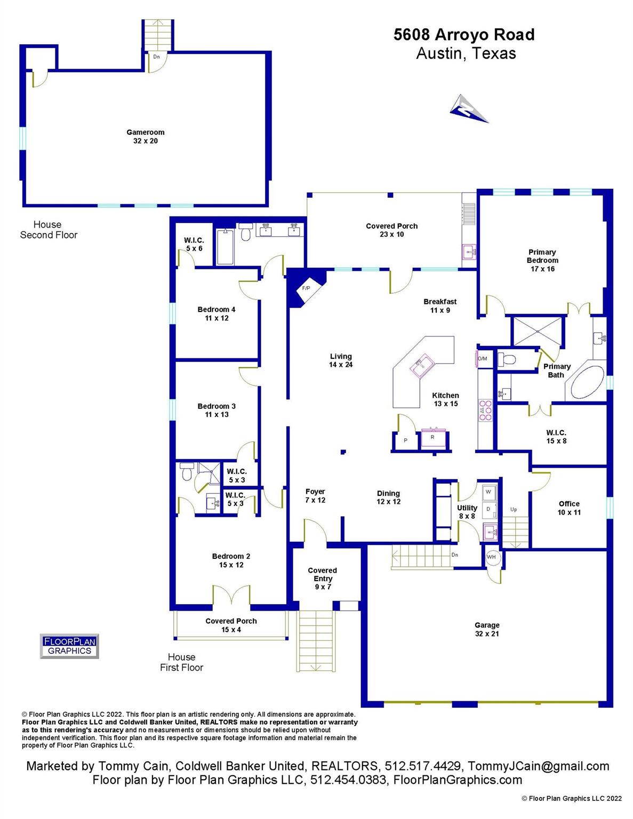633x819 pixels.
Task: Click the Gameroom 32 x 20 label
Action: pyautogui.click(x=146, y=136)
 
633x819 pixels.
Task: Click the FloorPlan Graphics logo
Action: pyautogui.click(x=69, y=646)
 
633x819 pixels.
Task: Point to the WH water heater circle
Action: pyautogui.click(x=491, y=557)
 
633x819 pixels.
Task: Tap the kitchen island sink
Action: pyautogui.click(x=423, y=365)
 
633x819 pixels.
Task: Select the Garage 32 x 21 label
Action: pyautogui.click(x=487, y=629)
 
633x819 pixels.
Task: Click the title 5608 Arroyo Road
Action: pyautogui.click(x=464, y=35)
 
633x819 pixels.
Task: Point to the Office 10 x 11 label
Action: pyautogui.click(x=569, y=508)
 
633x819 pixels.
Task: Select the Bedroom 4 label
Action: pyautogui.click(x=217, y=309)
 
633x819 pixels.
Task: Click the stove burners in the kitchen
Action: pyautogui.click(x=485, y=409)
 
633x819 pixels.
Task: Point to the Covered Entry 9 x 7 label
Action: pyautogui.click(x=322, y=578)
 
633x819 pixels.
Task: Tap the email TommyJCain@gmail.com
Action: pyautogui.click(x=539, y=766)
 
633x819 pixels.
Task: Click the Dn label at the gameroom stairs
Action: pyautogui.click(x=156, y=57)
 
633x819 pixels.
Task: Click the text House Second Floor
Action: pyautogui.click(x=49, y=229)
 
